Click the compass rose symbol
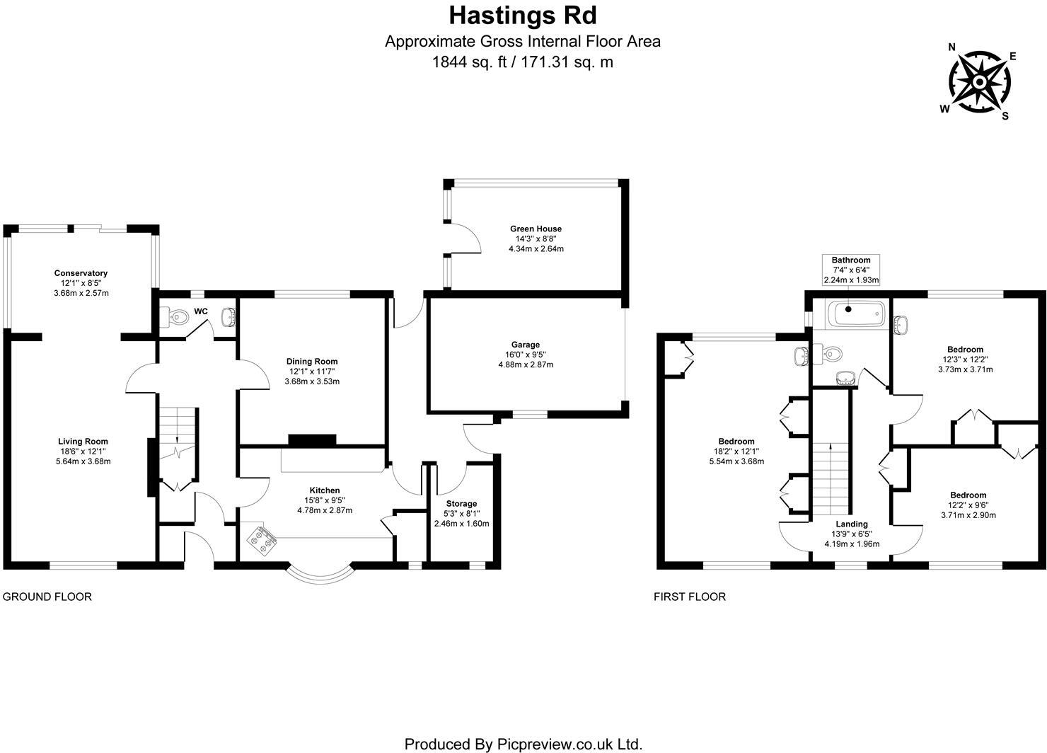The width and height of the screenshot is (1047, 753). click(x=978, y=83)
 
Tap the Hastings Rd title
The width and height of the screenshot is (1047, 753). click(x=523, y=15)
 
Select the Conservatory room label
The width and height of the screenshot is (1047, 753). click(x=81, y=273)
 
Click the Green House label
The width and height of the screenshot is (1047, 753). click(x=536, y=229)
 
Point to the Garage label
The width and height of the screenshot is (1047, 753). click(x=525, y=345)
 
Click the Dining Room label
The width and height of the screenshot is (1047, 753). click(x=312, y=362)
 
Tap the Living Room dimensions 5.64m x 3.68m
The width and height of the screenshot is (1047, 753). click(x=83, y=461)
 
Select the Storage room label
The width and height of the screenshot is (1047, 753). click(x=461, y=503)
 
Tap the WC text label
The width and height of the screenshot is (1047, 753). click(x=201, y=311)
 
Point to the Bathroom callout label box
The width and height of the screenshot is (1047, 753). click(x=851, y=270)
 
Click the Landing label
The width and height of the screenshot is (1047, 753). click(x=851, y=524)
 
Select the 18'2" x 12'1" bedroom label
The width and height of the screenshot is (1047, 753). click(x=736, y=452)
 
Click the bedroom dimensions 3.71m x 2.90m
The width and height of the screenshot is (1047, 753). click(x=968, y=515)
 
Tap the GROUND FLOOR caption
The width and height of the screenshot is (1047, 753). click(x=47, y=597)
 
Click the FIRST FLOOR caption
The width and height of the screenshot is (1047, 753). click(x=689, y=597)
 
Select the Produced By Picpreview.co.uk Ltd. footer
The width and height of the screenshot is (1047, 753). click(x=523, y=744)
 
